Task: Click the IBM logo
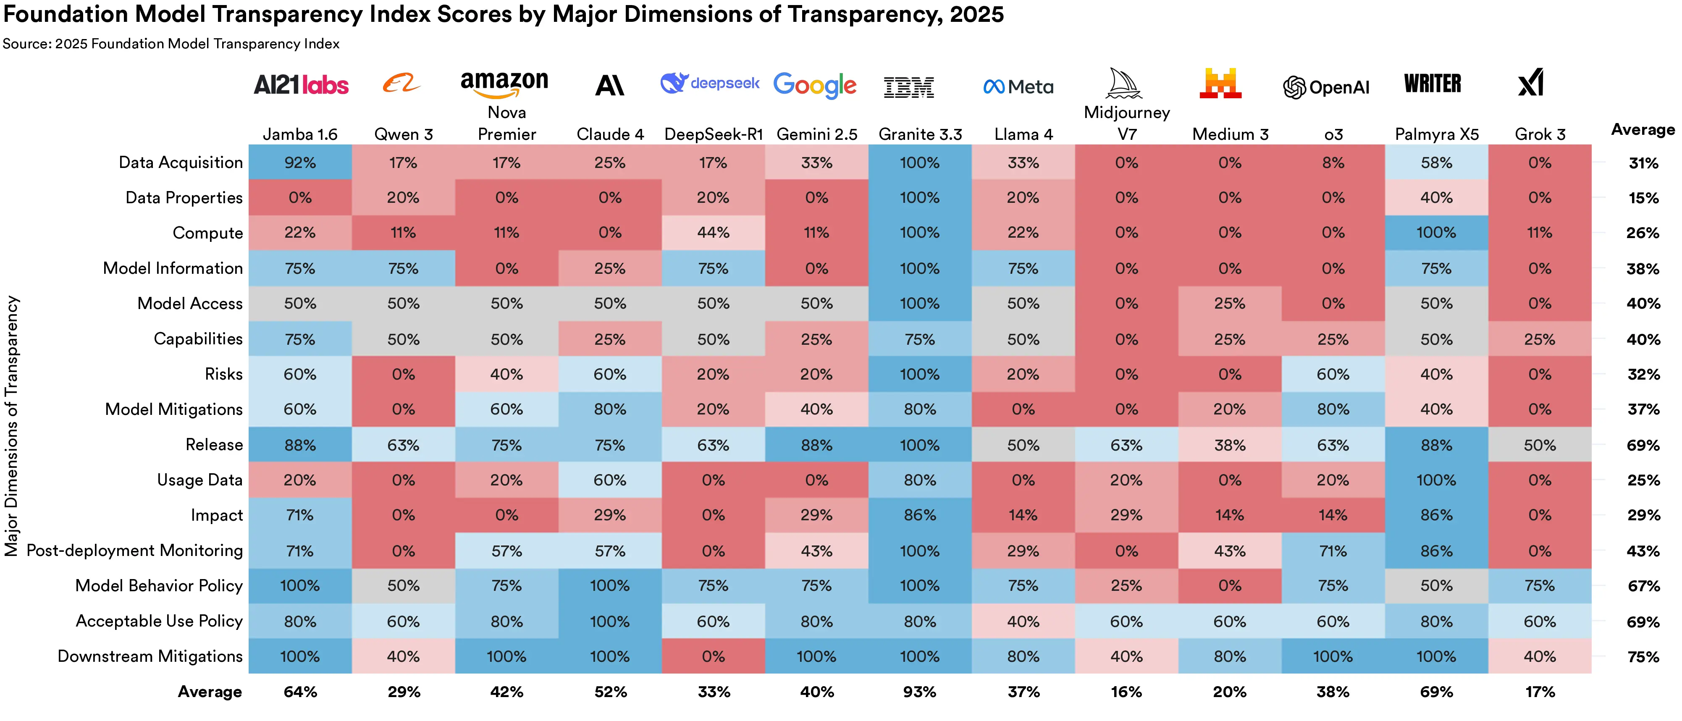tap(908, 87)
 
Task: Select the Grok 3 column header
tap(1540, 134)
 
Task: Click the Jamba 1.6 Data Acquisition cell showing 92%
tap(300, 163)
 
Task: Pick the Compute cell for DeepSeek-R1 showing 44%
tap(713, 233)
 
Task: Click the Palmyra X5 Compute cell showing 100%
tap(1436, 233)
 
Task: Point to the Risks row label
tap(223, 374)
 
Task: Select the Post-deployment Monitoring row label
tap(134, 551)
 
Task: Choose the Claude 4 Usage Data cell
tap(610, 480)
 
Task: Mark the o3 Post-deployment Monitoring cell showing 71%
tap(1333, 551)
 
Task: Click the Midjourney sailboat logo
tap(1124, 84)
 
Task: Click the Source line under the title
tap(171, 44)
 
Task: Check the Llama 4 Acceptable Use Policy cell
tap(1023, 621)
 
